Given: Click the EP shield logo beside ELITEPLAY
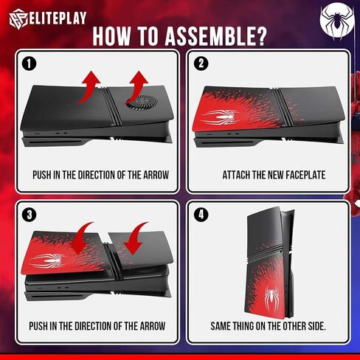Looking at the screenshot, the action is pyautogui.click(x=19, y=19).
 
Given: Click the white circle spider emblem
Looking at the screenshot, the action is pyautogui.click(x=337, y=21).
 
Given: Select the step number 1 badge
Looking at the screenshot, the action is pyautogui.click(x=30, y=64).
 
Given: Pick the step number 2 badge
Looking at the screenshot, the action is pyautogui.click(x=201, y=63).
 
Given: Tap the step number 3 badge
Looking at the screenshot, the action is pyautogui.click(x=30, y=215).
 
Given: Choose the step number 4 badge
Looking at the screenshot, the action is pyautogui.click(x=201, y=214).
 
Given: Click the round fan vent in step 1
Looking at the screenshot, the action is pyautogui.click(x=142, y=102).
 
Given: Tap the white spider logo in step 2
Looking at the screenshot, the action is pyautogui.click(x=221, y=117).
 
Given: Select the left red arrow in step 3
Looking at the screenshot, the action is pyautogui.click(x=82, y=238).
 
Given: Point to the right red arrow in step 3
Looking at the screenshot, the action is pyautogui.click(x=136, y=238).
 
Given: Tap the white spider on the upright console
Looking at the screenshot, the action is pyautogui.click(x=271, y=297).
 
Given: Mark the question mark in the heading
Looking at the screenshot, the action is pyautogui.click(x=260, y=36).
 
